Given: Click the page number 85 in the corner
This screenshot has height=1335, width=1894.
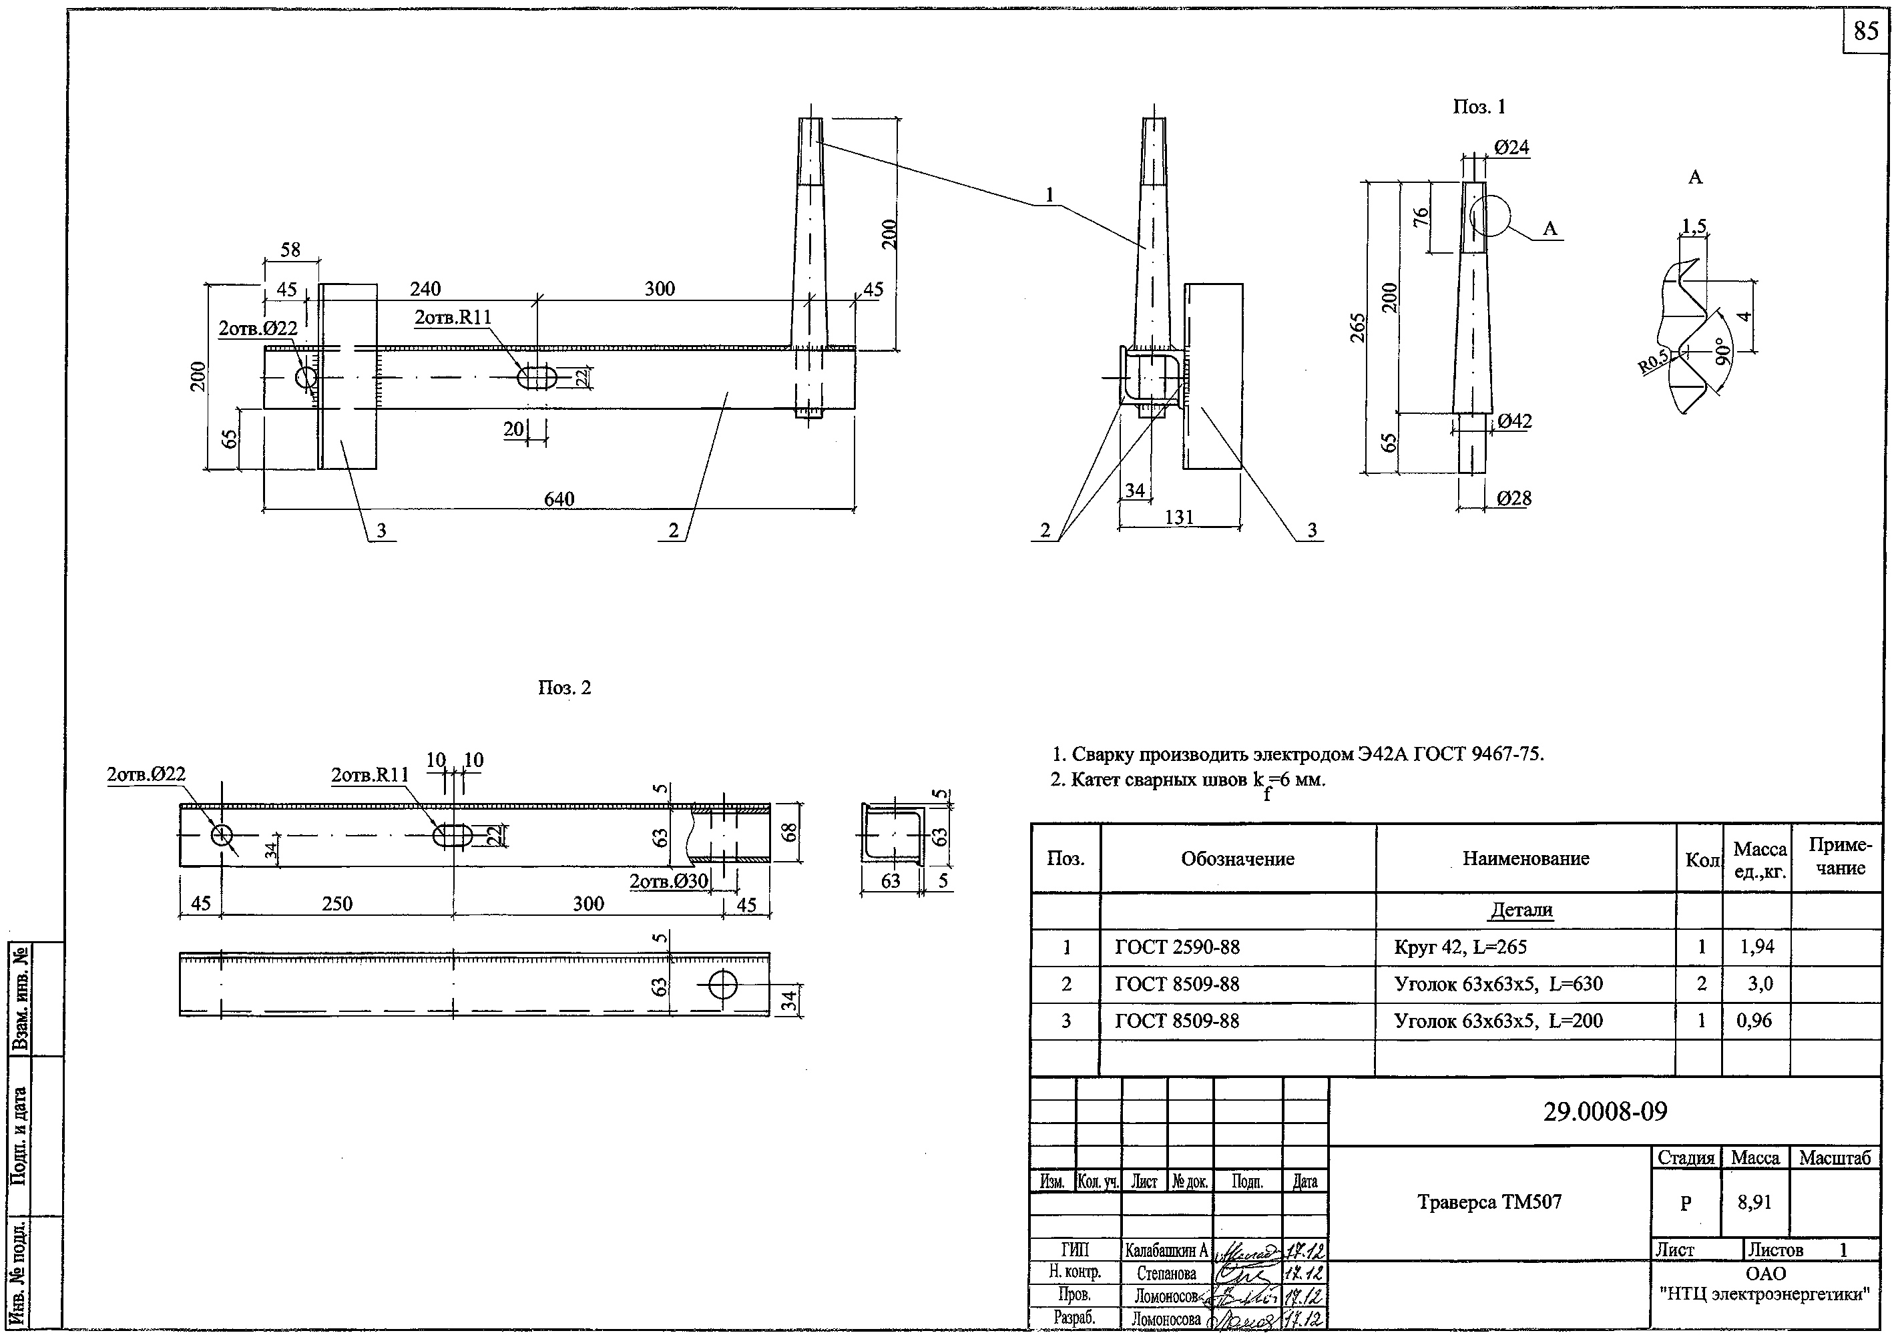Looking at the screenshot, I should pos(1866,31).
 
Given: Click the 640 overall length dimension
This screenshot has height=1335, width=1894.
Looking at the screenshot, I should pos(559,499).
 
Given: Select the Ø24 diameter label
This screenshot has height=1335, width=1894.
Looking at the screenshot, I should pos(1511,148).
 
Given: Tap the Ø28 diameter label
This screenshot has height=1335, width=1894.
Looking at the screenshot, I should pos(1513,498).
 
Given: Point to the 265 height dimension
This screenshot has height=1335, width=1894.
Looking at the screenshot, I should pos(1358,327).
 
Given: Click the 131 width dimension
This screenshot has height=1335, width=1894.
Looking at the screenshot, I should pos(1179,517).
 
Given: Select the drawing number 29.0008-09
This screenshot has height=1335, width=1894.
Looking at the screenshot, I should pos(1604,1111).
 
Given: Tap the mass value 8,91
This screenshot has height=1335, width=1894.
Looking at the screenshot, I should pos(1754,1202).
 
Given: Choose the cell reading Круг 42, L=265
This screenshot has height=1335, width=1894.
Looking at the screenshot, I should pos(1460,947).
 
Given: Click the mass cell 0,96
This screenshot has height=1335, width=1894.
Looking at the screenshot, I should pos(1754,1021).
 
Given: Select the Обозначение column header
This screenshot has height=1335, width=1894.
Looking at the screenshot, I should pos(1237,858).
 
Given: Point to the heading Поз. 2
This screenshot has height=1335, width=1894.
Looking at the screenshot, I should pos(564,688).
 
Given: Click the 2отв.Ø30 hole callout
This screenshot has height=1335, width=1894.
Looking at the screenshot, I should pos(668,882).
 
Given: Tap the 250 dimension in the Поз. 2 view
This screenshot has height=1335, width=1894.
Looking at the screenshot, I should pos(336,904).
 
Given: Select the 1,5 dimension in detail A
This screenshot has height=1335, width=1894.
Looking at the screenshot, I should pos(1694,226).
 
